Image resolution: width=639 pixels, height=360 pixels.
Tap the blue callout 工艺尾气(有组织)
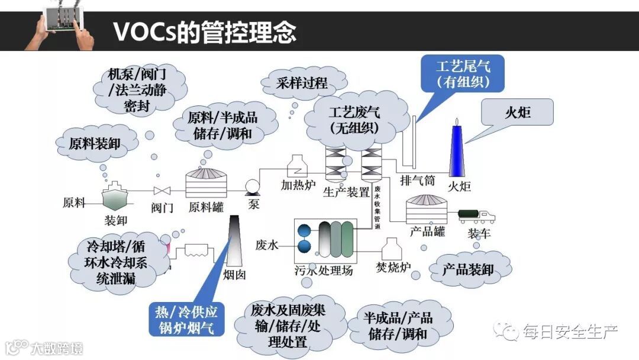click(x=463, y=73)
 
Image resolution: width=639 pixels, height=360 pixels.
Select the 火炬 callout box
click(x=517, y=112)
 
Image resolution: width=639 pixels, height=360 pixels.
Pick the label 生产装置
click(x=347, y=192)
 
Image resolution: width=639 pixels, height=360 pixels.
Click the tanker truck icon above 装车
click(x=476, y=216)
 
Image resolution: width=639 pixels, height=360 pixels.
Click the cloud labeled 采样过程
click(x=301, y=83)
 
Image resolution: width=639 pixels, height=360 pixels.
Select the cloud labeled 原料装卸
click(x=95, y=143)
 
